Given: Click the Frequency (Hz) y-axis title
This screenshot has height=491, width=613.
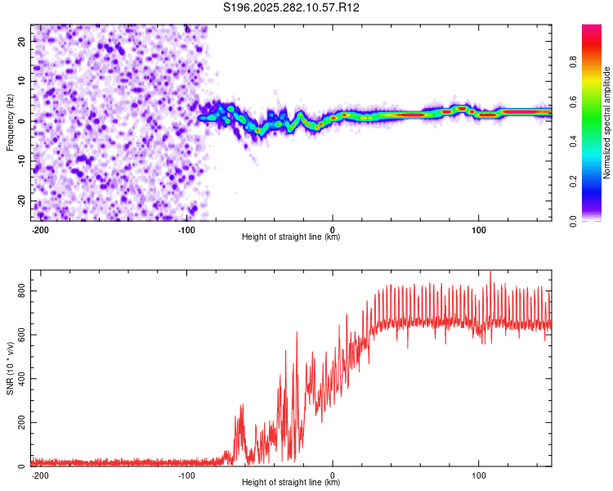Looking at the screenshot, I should [x=10, y=121].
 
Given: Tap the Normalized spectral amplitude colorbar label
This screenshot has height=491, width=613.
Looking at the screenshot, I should [x=607, y=123].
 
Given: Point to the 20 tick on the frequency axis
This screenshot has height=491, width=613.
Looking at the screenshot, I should [x=22, y=40].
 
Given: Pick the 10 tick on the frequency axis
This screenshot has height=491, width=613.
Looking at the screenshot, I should [x=22, y=80].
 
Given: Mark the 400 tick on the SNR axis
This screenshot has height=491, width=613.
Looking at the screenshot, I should [x=20, y=379].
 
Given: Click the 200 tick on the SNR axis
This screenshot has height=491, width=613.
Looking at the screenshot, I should [x=20, y=423].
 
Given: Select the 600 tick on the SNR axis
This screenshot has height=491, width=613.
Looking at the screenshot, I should [x=20, y=335].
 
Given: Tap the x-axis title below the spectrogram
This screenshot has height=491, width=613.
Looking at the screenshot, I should [x=291, y=237].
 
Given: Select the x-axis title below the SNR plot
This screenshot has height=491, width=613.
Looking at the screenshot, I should [x=291, y=483].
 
